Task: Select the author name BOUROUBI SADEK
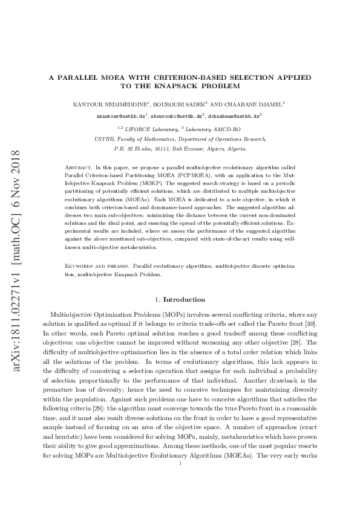[x=180, y=104]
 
